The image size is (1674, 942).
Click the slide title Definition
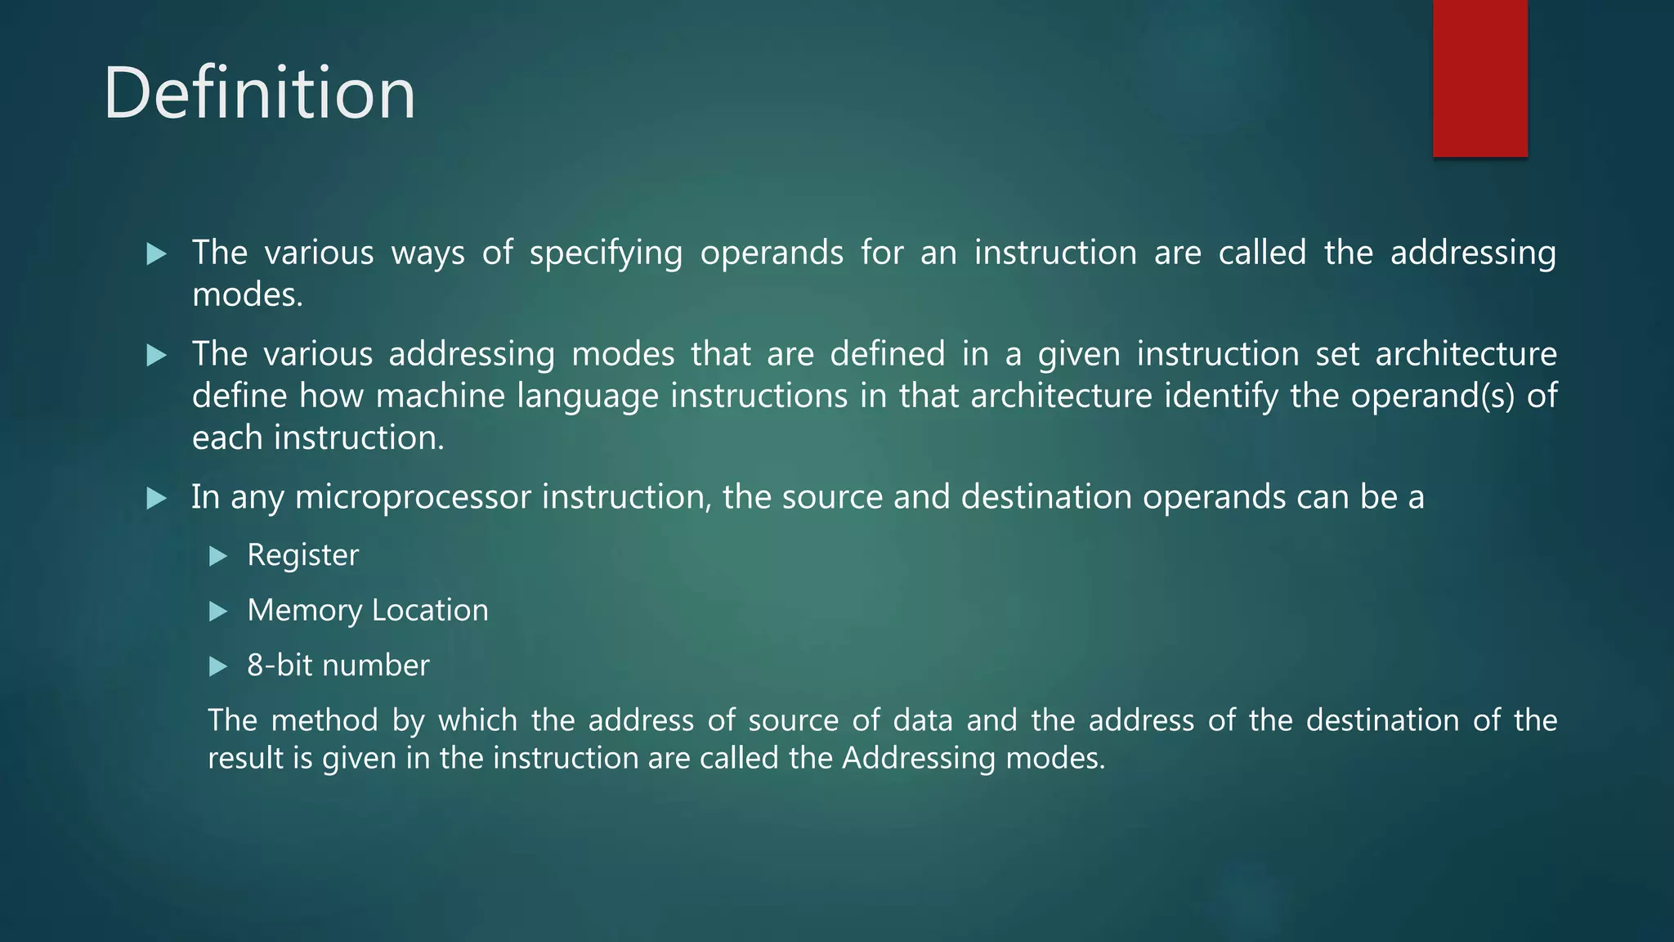coord(259,93)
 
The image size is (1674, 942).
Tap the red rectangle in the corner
coord(1479,78)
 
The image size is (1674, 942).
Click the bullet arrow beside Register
coord(217,556)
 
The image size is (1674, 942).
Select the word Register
coord(302,555)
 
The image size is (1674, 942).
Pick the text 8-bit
coord(280,665)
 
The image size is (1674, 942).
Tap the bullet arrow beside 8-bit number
coord(217,666)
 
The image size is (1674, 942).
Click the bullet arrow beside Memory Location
coord(217,611)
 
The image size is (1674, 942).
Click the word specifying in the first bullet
coord(606,253)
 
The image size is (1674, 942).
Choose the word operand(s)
coord(1432,397)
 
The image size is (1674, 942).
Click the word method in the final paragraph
coord(325,720)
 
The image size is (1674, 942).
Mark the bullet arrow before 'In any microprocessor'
coord(156,498)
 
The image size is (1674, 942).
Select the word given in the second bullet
coord(1078,355)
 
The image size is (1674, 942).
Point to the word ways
coord(427,253)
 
